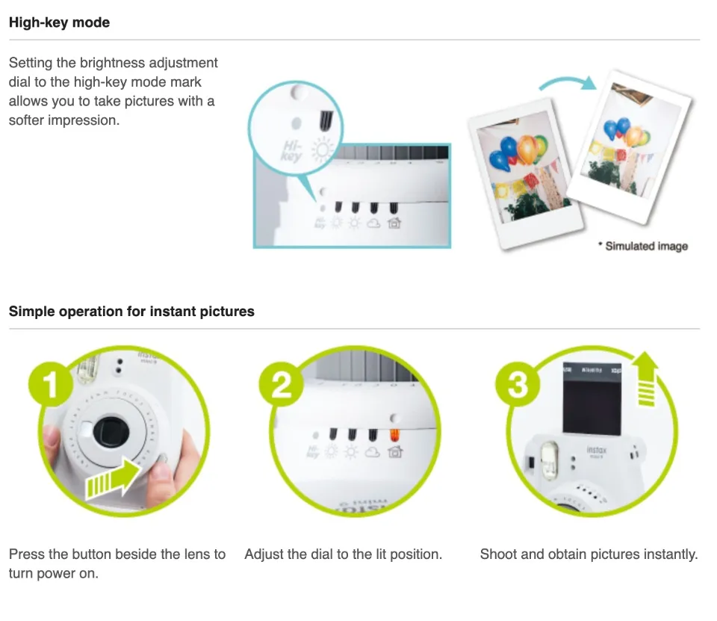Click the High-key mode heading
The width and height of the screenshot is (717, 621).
point(59,22)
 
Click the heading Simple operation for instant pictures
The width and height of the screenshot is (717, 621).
point(131,312)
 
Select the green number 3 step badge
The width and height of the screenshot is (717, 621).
point(518,384)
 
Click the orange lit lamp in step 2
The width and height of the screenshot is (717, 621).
point(394,435)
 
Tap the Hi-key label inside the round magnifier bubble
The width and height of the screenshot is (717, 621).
point(292,150)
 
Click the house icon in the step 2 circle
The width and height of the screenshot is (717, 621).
point(394,451)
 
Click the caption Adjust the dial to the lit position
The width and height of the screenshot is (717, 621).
point(343,554)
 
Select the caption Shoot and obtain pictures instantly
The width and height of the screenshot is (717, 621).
point(589,554)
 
